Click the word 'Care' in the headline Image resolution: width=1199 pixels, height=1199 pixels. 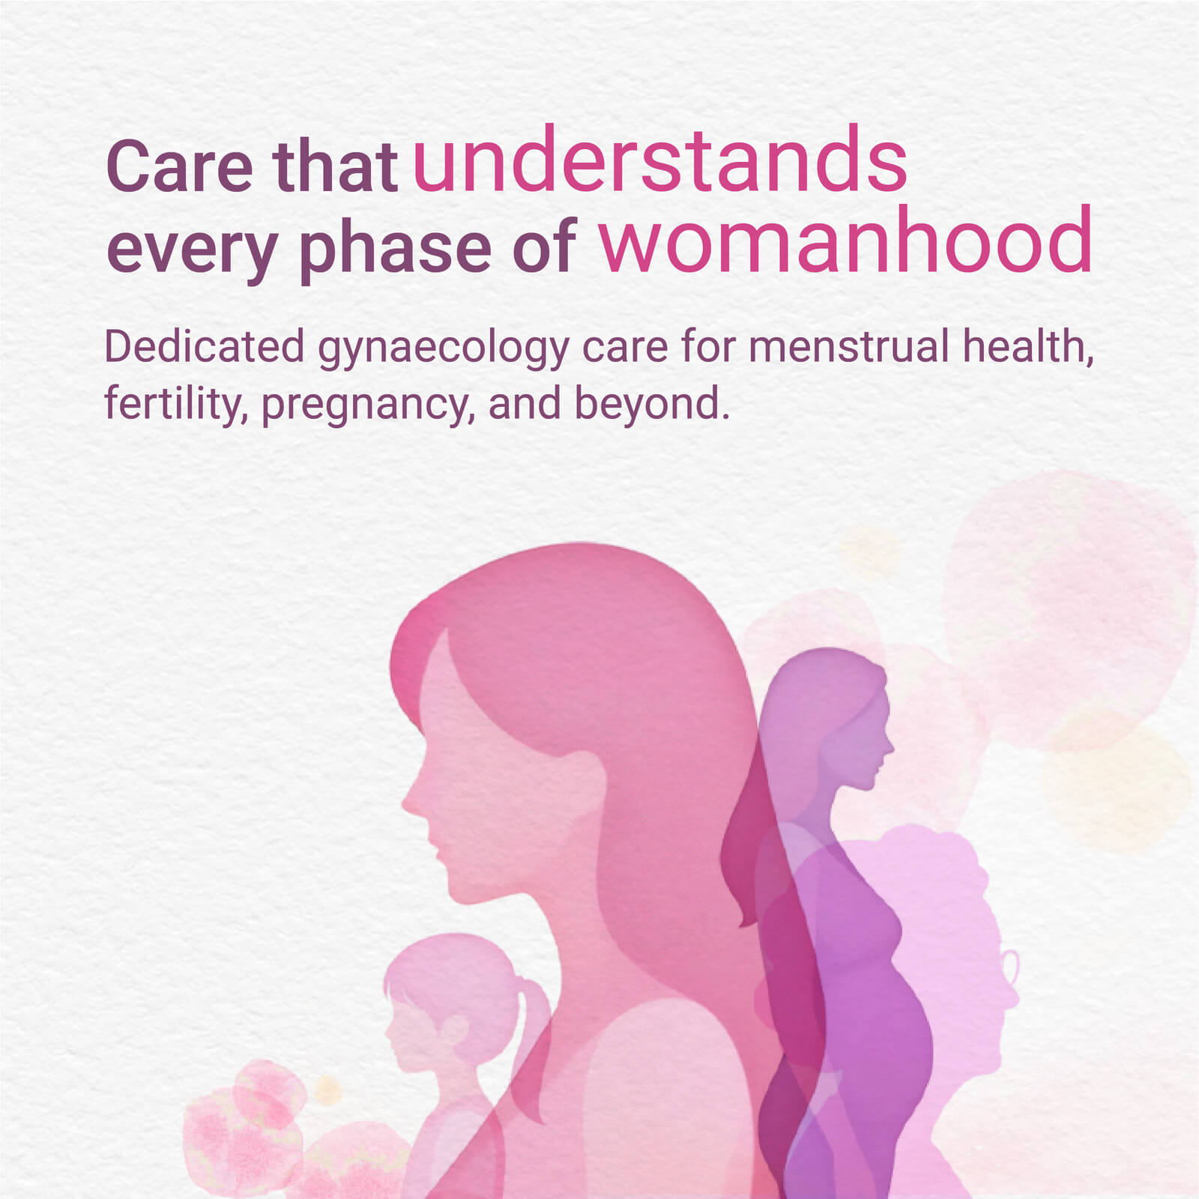pyautogui.click(x=180, y=166)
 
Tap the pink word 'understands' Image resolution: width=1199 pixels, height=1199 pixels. pyautogui.click(x=660, y=159)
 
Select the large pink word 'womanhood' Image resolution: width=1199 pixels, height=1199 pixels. pyautogui.click(x=846, y=241)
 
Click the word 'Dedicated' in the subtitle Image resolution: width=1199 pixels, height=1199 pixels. pyautogui.click(x=204, y=346)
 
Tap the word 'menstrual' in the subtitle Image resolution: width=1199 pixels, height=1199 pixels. pyautogui.click(x=849, y=346)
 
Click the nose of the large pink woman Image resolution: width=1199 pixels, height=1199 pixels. pyautogui.click(x=410, y=799)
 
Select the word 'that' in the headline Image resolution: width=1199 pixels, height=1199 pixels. pyautogui.click(x=334, y=166)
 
